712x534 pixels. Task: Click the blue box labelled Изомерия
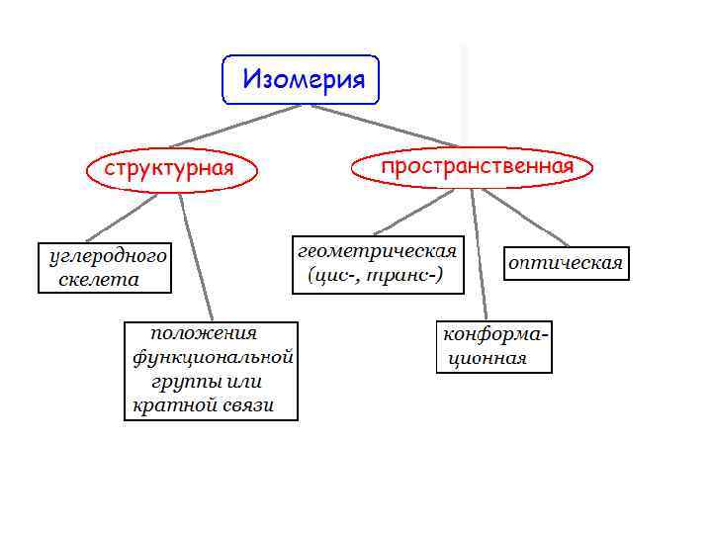coord(300,79)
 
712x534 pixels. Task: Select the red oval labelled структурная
coord(170,168)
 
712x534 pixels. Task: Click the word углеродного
coord(108,256)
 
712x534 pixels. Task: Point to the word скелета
coord(99,280)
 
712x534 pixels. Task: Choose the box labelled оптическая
coord(566,263)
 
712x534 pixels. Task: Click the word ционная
coord(488,358)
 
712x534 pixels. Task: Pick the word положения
coord(204,333)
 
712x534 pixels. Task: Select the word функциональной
coord(213,357)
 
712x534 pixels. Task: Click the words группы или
coord(208,382)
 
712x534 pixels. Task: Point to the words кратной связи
coord(203,406)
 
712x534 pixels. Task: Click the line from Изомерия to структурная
coord(233,126)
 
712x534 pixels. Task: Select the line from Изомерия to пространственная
coord(384,126)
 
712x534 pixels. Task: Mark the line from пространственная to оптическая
coord(525,217)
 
